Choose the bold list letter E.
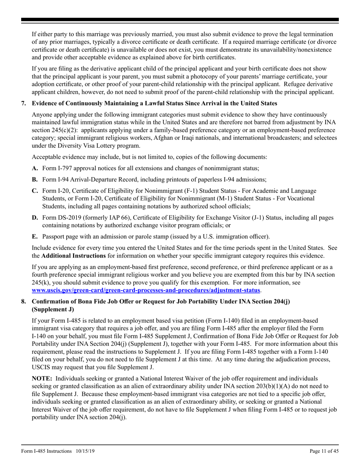click(x=34, y=237)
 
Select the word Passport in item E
click(x=53, y=237)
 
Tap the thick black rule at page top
click(x=180, y=19)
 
